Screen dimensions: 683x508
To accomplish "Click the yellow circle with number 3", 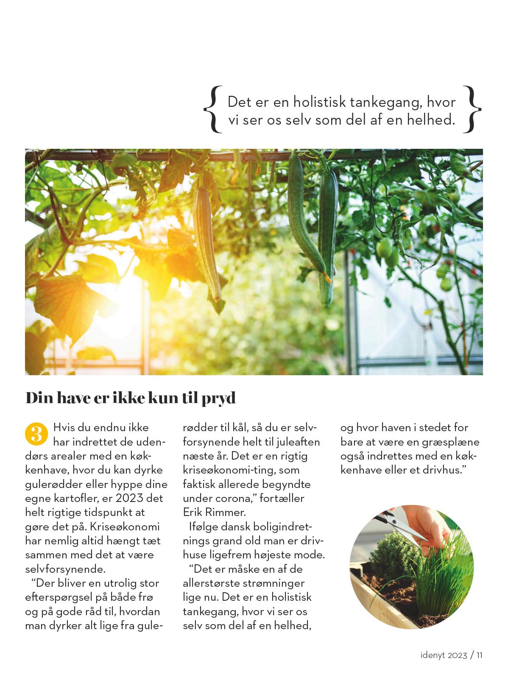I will point(36,433).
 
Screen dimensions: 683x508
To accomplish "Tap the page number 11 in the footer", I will point(479,655).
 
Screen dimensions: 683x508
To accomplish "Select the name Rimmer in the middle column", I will point(226,512).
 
